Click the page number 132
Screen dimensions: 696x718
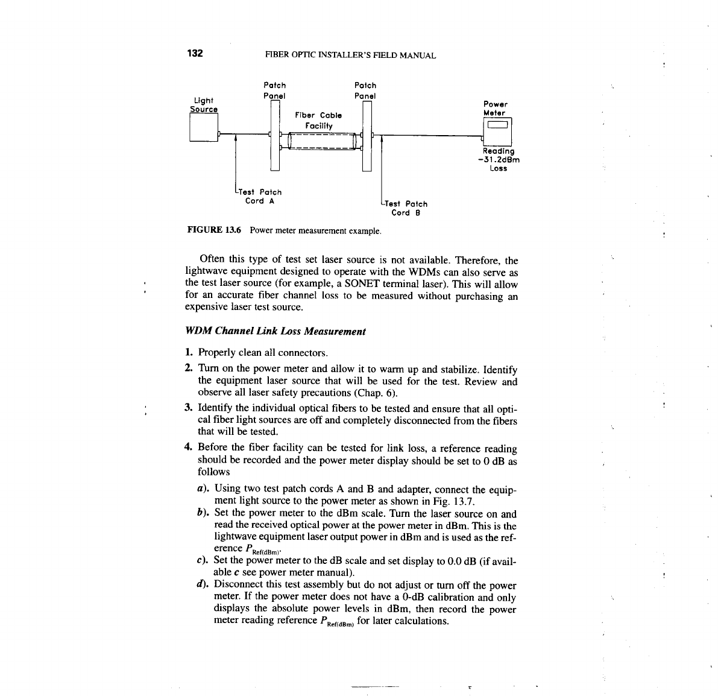click(195, 53)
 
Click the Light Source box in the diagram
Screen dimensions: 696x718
click(203, 128)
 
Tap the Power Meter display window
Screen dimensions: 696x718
click(498, 125)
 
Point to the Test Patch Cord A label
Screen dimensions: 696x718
click(260, 196)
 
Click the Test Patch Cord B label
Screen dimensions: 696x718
click(406, 208)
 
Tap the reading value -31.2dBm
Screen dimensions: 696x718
click(498, 160)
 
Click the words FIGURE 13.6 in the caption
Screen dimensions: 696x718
click(215, 230)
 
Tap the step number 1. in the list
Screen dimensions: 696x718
click(189, 352)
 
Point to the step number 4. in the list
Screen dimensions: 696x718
click(189, 448)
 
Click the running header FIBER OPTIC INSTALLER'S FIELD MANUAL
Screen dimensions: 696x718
click(350, 55)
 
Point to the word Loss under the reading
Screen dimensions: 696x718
click(499, 168)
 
